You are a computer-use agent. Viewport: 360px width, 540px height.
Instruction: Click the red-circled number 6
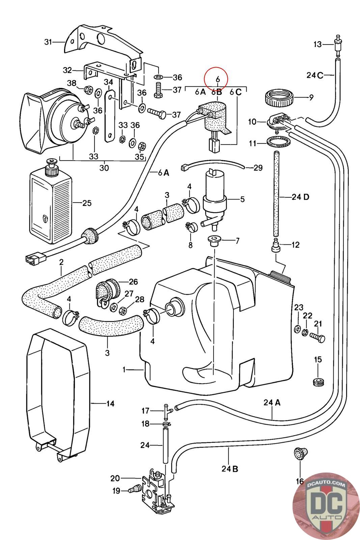(218, 79)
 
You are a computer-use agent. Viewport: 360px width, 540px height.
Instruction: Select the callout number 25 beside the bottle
(87, 203)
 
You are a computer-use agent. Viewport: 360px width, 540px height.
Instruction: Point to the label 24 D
(300, 197)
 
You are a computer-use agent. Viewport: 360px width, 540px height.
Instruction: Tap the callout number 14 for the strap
(110, 403)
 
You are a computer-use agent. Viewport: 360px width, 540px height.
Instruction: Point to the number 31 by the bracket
(49, 42)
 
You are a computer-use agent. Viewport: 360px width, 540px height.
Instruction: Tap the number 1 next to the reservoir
(124, 370)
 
